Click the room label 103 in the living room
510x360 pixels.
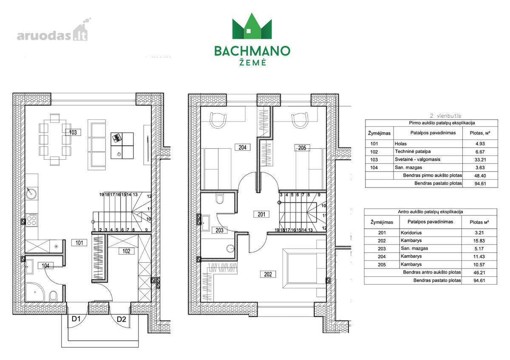click(x=73, y=132)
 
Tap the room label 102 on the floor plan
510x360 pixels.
click(x=126, y=251)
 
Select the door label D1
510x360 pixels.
click(x=76, y=319)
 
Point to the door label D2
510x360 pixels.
click(x=122, y=319)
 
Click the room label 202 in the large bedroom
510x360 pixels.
click(x=268, y=274)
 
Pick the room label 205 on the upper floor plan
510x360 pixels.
click(x=302, y=148)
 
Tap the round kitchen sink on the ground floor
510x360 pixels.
click(x=30, y=193)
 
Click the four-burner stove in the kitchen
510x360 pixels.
click(x=31, y=220)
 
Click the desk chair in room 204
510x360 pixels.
click(x=218, y=120)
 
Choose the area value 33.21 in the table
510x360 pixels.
click(x=480, y=160)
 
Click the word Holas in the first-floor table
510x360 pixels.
click(x=400, y=144)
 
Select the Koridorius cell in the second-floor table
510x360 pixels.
click(x=411, y=233)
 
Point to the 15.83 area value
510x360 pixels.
click(x=479, y=241)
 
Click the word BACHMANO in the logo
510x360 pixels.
click(x=252, y=51)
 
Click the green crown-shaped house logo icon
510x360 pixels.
click(x=252, y=26)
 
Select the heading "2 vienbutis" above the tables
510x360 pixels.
click(x=445, y=116)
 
